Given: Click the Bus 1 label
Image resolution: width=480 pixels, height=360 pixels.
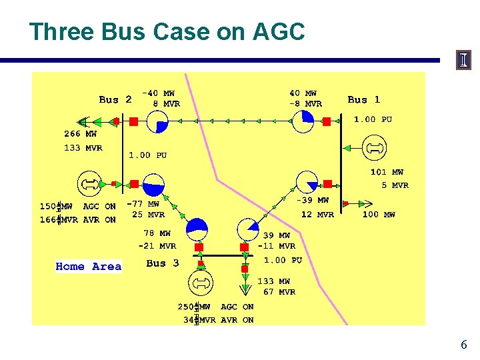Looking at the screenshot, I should click(x=363, y=99).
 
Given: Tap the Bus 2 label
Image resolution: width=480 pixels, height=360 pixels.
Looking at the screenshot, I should click(x=115, y=99).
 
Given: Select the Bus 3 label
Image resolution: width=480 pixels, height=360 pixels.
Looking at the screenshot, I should click(x=163, y=263).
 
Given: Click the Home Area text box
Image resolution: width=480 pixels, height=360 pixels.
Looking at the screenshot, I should click(x=89, y=267).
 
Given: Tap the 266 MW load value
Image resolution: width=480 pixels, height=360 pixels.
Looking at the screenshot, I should click(x=80, y=134).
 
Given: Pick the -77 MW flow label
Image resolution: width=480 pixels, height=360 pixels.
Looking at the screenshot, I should click(x=144, y=204).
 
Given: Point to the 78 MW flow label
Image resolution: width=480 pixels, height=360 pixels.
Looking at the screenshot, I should click(x=157, y=233).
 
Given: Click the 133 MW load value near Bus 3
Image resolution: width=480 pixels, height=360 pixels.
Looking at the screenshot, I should click(x=274, y=281).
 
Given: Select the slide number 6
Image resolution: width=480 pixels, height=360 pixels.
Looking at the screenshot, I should click(x=463, y=345).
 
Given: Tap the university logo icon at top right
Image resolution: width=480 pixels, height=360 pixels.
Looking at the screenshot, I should click(x=463, y=61).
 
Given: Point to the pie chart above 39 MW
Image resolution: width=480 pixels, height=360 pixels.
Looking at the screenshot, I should click(x=247, y=227).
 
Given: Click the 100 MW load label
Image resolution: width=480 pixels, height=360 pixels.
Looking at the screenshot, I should click(x=379, y=215).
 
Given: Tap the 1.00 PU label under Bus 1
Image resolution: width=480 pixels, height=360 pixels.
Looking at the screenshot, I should click(x=373, y=119).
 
